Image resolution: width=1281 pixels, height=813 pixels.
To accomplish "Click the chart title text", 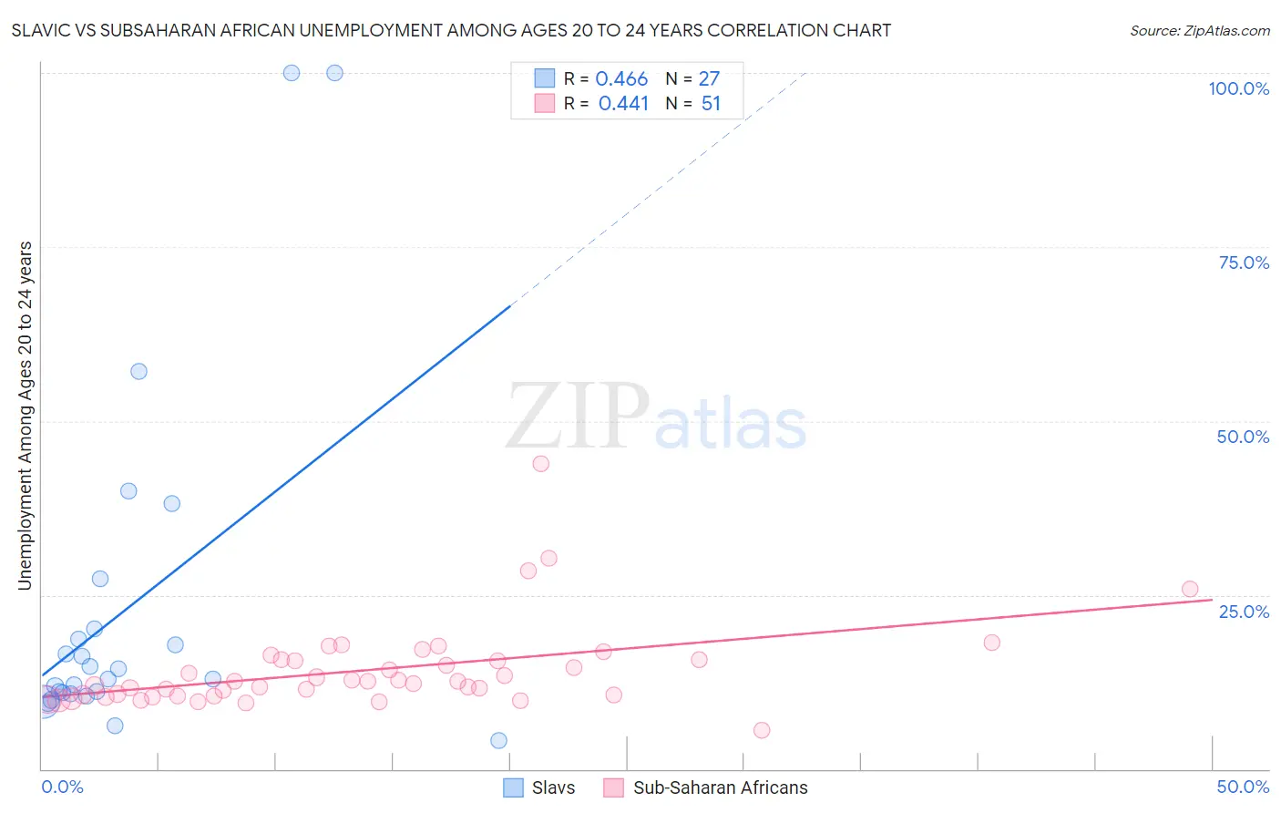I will pos(451,30).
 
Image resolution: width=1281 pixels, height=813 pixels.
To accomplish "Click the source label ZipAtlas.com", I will pos(1199,31).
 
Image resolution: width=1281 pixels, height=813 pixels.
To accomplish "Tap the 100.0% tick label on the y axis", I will pos(1238,88).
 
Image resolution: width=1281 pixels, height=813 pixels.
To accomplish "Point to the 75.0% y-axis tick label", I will pos(1244,262).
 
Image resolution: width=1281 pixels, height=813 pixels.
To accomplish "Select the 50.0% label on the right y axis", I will pos(1243,437).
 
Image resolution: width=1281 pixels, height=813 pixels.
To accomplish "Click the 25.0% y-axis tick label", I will pos(1244,611).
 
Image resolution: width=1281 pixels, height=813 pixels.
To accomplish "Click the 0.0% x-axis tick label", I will pos(63,787).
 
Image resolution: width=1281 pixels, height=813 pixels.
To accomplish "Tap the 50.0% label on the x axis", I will pos(1243,787).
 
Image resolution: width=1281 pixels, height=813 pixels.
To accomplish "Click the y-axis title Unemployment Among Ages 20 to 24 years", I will pos(26,416).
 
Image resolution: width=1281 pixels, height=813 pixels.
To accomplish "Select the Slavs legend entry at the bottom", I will pos(540,787).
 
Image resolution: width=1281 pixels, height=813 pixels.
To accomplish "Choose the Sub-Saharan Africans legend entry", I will pos(706,787).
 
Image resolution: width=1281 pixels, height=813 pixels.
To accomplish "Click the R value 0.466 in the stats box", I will pos(621,79).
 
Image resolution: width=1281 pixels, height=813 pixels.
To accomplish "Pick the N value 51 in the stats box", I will pos(711,104).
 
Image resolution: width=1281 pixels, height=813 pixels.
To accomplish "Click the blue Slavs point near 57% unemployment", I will pos(138,371).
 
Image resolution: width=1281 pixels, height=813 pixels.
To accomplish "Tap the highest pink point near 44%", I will pos(540,463).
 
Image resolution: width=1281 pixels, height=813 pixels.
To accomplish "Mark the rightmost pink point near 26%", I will pos(1189,589).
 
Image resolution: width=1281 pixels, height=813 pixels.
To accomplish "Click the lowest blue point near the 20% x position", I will pos(498,740).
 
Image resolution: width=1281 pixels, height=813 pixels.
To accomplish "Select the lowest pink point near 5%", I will pos(762,730).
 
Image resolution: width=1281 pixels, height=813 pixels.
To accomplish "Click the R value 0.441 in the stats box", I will pos(623,104).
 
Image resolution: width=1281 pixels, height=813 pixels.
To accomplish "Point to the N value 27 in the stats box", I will pos(709,79).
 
